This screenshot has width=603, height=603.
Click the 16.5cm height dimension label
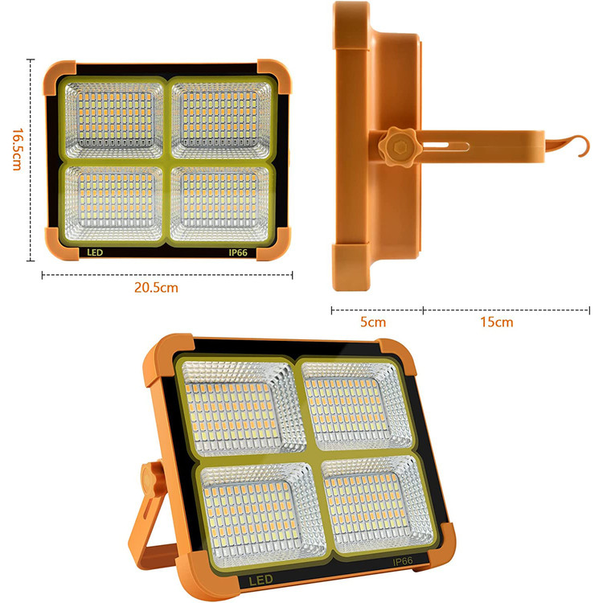(16, 150)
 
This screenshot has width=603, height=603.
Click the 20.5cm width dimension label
(156, 288)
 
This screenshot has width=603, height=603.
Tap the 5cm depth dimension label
(372, 322)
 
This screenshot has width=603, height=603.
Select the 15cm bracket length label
(497, 322)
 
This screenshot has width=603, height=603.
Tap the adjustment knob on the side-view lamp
(397, 146)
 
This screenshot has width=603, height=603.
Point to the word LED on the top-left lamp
(95, 252)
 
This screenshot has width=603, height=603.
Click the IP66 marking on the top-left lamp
(238, 252)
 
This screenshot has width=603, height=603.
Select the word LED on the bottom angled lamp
(260, 580)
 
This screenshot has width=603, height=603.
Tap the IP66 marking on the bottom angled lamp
(403, 561)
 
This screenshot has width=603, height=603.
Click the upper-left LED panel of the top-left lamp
(114, 120)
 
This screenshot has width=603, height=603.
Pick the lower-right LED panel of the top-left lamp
(220, 203)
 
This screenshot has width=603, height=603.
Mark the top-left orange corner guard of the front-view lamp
(59, 76)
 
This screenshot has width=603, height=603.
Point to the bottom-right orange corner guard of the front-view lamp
(274, 244)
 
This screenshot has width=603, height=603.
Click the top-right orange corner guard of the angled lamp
(399, 355)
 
